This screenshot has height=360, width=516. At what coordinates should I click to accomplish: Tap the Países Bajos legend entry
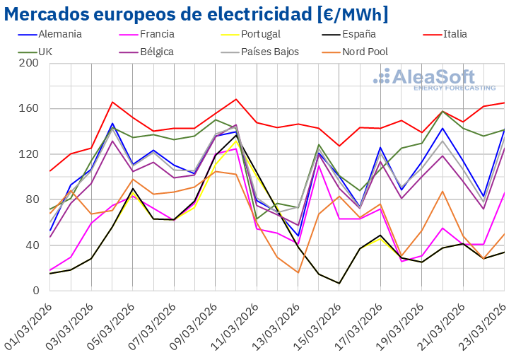click(269, 52)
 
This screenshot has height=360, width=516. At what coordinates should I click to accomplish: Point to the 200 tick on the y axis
click(30, 64)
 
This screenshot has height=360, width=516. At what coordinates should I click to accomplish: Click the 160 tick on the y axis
click(30, 109)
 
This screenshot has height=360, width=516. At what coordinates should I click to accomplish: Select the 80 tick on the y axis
click(33, 200)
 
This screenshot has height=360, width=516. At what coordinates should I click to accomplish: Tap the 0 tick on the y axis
click(35, 291)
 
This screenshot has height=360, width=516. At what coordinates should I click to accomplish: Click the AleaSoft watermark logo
click(434, 79)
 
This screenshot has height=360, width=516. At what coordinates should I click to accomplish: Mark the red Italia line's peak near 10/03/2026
click(236, 99)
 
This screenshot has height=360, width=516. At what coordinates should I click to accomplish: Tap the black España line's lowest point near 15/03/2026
click(339, 284)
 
